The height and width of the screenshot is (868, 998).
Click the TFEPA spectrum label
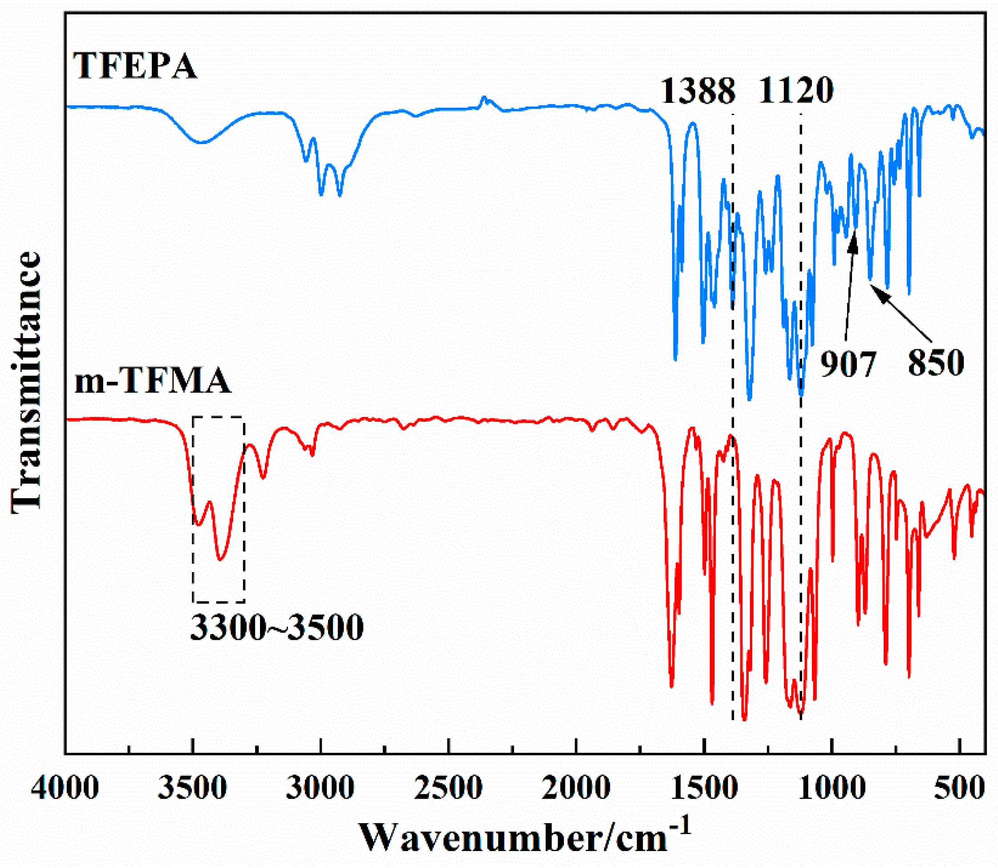pos(135,66)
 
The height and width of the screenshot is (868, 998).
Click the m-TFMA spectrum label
pos(153,381)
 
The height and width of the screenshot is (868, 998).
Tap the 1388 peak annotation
pos(698,91)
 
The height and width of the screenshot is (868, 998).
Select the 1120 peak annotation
pos(796,91)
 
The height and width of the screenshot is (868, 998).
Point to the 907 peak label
pos(848,364)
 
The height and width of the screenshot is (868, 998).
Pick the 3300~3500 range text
pos(277,628)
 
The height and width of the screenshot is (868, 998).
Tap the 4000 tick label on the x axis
pos(65,788)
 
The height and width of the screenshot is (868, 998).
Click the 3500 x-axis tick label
pos(193,788)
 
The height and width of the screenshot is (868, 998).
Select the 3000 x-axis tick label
pos(320,788)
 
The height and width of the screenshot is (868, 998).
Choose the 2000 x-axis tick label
pos(576,788)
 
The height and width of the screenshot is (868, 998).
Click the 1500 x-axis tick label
pos(704,788)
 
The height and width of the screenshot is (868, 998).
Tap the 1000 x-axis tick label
pos(832,788)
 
